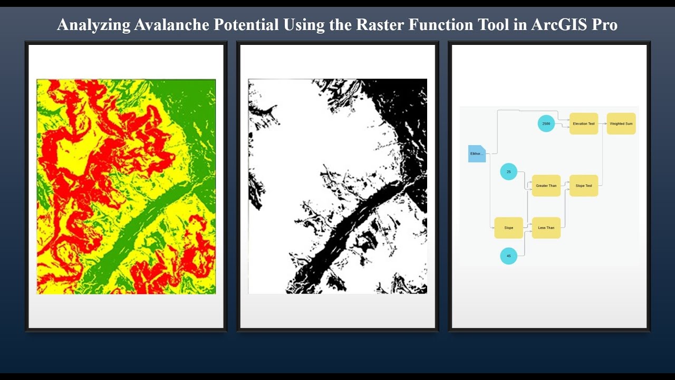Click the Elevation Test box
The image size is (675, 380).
[x=584, y=123]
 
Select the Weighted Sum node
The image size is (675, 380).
[x=621, y=123]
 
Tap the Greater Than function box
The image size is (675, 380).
[x=546, y=186]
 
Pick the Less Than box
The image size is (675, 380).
[x=546, y=228]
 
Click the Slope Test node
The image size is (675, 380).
[x=584, y=186]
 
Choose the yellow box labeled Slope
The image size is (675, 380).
[x=508, y=228]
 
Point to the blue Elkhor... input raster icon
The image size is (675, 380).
[x=477, y=154]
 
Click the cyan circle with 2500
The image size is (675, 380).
[x=546, y=123]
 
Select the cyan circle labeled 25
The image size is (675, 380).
[x=508, y=172]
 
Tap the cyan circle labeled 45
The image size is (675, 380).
[x=508, y=256]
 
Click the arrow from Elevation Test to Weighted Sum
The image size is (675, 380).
[x=602, y=123]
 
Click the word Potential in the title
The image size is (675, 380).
[x=243, y=25]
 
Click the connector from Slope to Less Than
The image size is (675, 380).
[x=527, y=227]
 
